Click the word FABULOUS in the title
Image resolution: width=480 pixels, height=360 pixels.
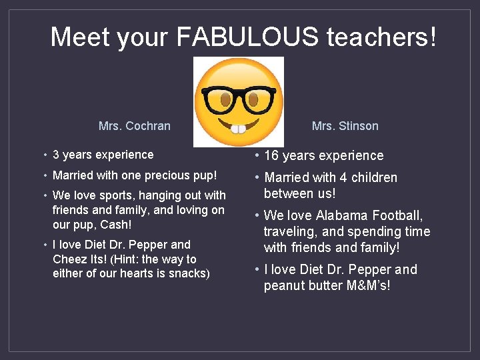pos(247,37)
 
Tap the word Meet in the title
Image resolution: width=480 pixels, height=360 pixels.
pos(79,37)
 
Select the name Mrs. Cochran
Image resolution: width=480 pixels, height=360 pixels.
pos(134,126)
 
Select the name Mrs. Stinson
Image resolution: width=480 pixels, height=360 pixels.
pos(345,126)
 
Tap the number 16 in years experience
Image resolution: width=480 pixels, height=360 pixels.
pos(271,156)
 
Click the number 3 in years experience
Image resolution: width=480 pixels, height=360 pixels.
pos(56,155)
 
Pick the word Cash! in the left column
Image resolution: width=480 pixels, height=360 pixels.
pos(115,225)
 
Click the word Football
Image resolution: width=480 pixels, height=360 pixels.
pos(398,215)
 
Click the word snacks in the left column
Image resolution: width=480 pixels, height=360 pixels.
pos(190,273)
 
